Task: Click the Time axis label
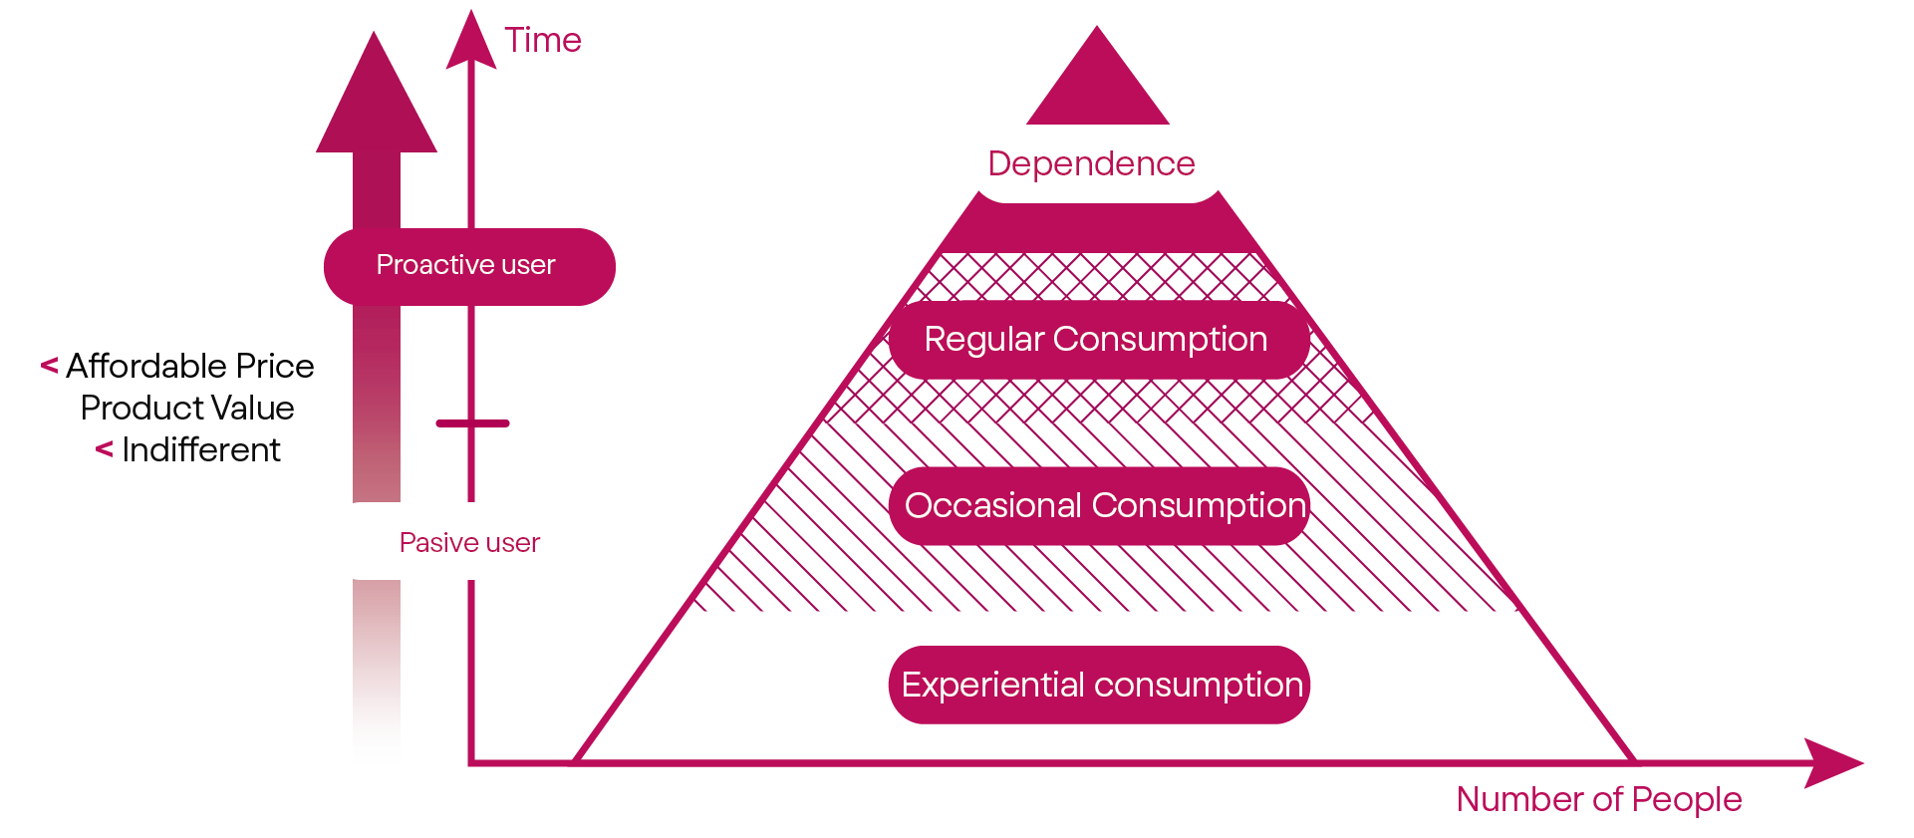point(542,41)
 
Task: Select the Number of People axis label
point(1598,799)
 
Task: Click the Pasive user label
point(469,543)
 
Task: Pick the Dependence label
point(1091,163)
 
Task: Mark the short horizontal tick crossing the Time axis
point(472,423)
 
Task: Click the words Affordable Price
point(189,367)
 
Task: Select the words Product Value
point(187,409)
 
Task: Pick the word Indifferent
point(201,450)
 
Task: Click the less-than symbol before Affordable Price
point(49,366)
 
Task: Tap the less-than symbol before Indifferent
point(104,449)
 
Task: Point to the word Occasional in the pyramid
point(992,506)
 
